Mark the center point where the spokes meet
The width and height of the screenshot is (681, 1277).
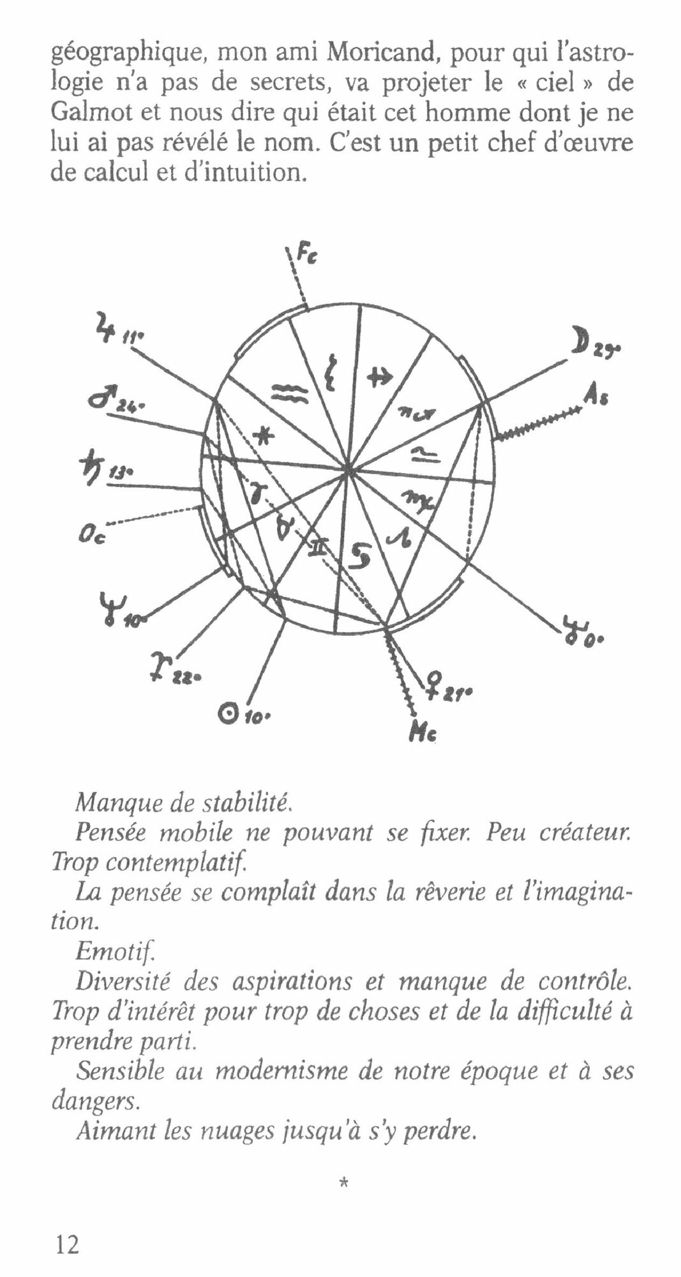click(x=348, y=472)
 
